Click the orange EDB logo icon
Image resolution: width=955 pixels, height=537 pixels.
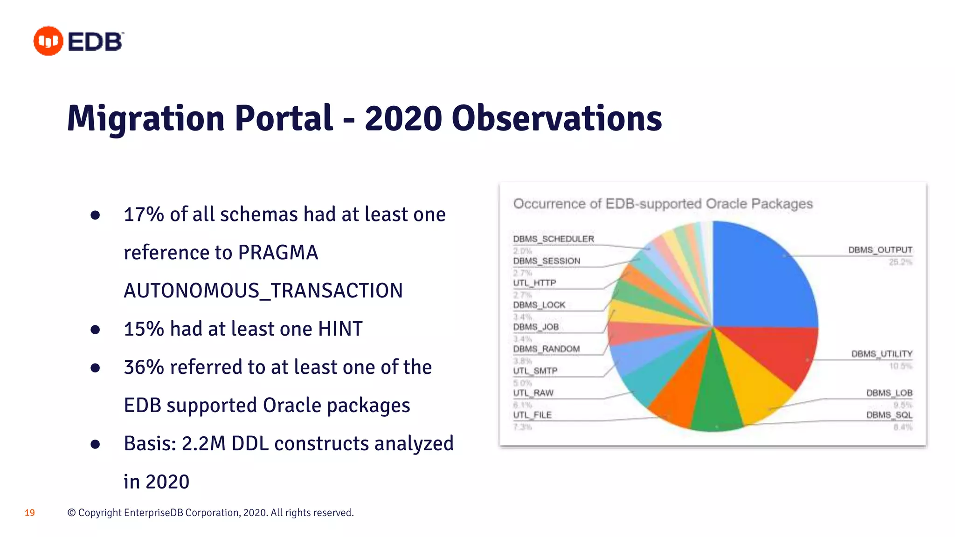coord(48,41)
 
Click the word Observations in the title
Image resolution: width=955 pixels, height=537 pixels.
coord(556,118)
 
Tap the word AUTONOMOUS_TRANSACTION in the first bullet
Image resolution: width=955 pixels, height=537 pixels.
coord(263,291)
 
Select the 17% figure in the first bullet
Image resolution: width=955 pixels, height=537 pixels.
coord(144,214)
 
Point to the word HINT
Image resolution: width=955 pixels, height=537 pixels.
coord(340,329)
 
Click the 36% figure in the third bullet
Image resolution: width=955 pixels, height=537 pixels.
coord(144,367)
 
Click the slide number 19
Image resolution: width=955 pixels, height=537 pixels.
coord(29,513)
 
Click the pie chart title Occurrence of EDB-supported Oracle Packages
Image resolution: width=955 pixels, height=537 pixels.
coord(663,204)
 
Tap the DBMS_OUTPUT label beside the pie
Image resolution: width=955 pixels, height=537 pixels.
coord(880,250)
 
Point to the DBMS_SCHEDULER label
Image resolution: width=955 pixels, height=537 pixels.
coord(554,239)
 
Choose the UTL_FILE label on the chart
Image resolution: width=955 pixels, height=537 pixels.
coord(532,415)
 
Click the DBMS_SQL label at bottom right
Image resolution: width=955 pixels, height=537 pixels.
coord(889,415)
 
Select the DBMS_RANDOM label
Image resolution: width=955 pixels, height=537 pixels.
coord(546,349)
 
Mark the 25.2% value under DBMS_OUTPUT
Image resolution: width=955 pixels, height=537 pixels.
coord(900,262)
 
